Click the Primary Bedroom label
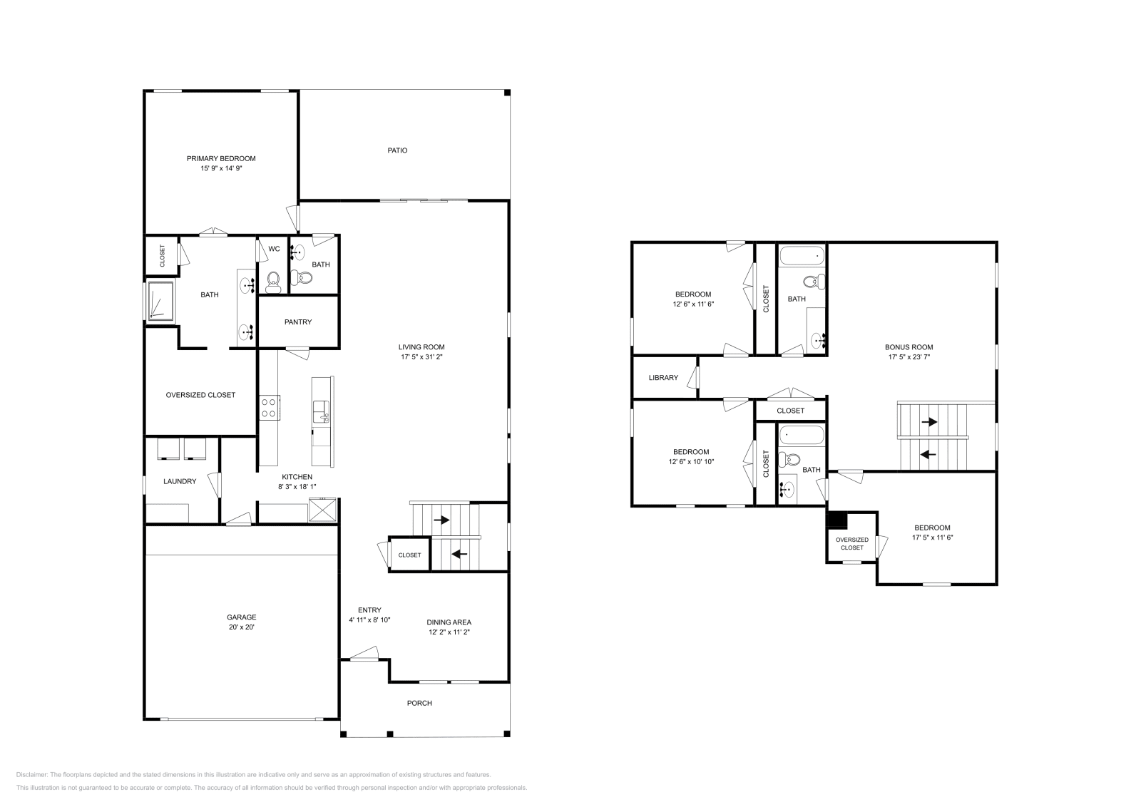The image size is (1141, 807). click(221, 158)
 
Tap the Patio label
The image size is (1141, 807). click(397, 150)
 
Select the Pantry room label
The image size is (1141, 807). click(298, 322)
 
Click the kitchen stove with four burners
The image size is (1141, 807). click(270, 408)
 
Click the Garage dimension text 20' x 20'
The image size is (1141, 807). click(242, 627)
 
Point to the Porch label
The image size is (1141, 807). click(419, 703)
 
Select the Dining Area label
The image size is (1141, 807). click(449, 622)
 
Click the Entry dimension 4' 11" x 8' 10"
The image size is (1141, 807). click(369, 620)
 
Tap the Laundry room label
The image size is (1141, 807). click(180, 481)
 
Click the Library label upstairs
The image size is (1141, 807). click(663, 377)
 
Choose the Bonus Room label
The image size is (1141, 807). click(909, 347)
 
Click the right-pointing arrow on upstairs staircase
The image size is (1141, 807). click(929, 422)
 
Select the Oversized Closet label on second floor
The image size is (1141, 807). click(852, 543)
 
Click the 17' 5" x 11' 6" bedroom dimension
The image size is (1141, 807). click(932, 538)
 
